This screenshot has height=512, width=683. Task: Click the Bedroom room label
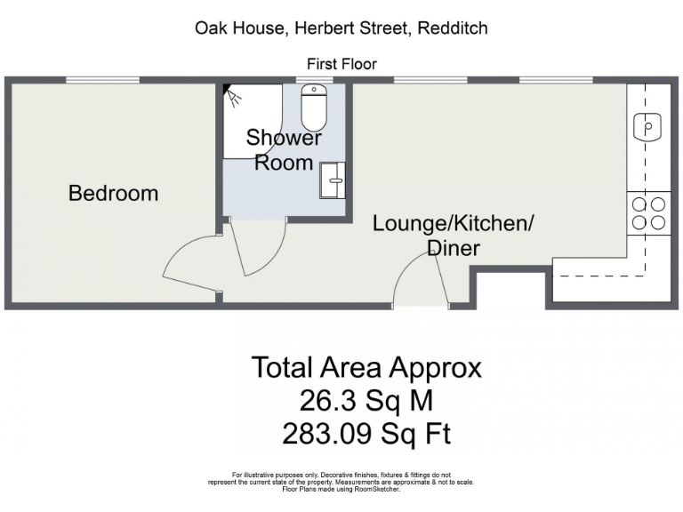[113, 193]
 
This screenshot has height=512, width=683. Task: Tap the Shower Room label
[284, 150]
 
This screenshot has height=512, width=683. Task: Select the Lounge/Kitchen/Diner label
[453, 235]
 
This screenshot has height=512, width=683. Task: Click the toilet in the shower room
[314, 108]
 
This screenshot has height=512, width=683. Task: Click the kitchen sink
[648, 127]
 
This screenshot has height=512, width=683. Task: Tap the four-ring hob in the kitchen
[648, 213]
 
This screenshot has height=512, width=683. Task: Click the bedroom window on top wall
[102, 81]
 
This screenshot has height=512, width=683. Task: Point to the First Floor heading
[341, 64]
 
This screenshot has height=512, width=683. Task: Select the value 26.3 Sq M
[366, 401]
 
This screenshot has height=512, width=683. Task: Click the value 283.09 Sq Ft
[366, 435]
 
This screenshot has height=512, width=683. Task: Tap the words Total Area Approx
[366, 367]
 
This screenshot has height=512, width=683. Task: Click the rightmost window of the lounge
[557, 81]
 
